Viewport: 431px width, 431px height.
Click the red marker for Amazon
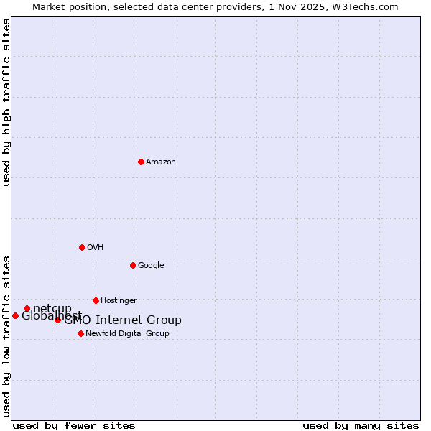(x=141, y=162)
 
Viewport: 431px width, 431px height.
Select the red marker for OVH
(x=82, y=247)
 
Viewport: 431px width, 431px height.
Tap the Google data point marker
(x=133, y=265)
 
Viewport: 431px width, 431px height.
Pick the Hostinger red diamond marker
(x=96, y=300)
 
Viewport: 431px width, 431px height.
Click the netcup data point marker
(x=27, y=309)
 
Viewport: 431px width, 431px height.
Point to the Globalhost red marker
(x=15, y=315)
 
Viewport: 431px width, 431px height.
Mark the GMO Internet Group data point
(x=57, y=320)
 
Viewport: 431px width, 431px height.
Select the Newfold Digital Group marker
(x=80, y=333)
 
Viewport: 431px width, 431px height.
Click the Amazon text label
(x=160, y=162)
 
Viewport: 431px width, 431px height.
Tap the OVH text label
(x=95, y=248)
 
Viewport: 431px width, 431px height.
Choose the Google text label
(x=151, y=266)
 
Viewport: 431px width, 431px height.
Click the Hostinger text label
(x=119, y=301)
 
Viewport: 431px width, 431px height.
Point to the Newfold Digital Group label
(x=127, y=334)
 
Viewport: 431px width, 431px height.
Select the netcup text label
(x=52, y=309)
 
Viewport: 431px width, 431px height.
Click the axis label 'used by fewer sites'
(x=74, y=426)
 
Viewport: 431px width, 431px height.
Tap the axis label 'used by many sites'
(x=361, y=426)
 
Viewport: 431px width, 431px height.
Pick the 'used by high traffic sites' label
(x=6, y=102)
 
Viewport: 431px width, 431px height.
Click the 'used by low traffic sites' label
(x=6, y=335)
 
